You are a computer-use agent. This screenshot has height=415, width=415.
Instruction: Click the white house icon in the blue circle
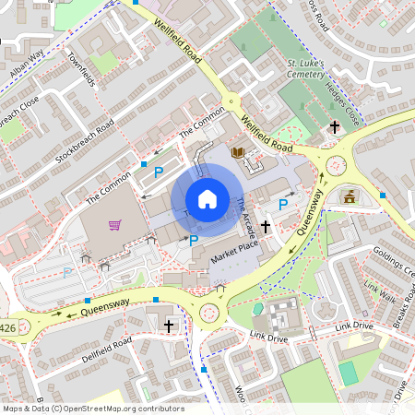[x=207, y=198]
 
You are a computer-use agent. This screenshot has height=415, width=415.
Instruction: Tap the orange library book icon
[x=238, y=152]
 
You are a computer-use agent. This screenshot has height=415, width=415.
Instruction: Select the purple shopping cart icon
[x=115, y=224]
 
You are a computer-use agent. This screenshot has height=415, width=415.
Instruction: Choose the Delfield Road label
[x=107, y=352]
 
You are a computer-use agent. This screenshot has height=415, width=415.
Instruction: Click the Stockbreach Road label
[x=84, y=141]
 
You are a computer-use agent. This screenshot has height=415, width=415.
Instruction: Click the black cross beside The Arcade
[x=267, y=225]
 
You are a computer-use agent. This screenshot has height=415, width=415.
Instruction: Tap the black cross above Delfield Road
[x=169, y=326]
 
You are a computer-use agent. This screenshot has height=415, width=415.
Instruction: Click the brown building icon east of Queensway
[x=350, y=196]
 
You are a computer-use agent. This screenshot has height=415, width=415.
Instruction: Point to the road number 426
[x=8, y=327]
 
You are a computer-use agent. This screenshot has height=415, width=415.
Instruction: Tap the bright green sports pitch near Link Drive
[x=348, y=373]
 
